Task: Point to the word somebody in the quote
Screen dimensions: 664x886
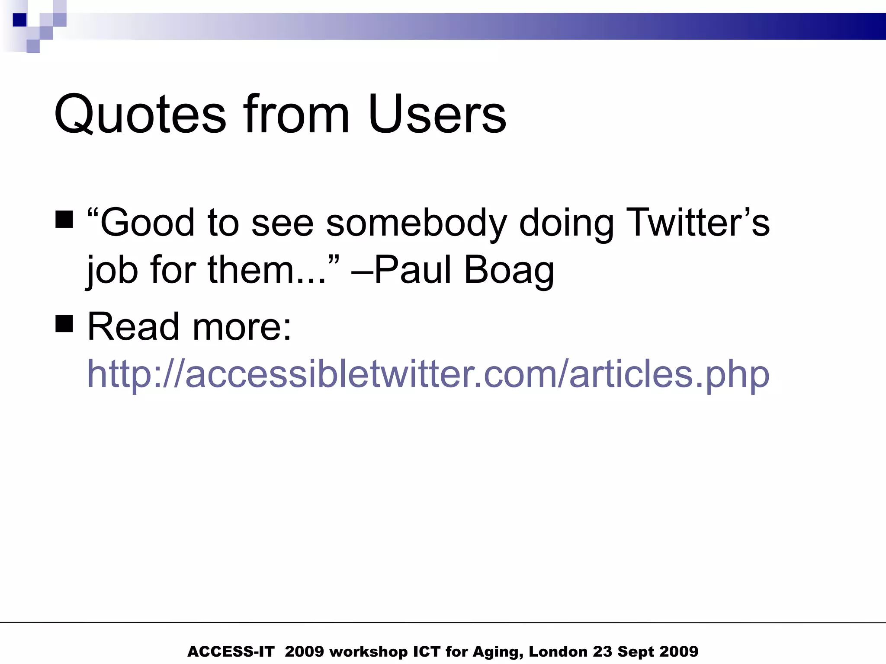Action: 416,223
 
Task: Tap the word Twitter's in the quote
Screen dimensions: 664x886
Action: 698,223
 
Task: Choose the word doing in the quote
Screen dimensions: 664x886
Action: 566,223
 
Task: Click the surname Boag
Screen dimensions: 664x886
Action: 509,270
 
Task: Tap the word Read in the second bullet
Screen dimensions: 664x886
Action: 133,326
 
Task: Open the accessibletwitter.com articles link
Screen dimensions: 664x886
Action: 428,374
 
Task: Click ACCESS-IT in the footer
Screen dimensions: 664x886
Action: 231,651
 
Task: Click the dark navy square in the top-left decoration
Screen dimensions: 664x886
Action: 20,20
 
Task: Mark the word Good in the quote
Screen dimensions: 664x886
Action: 147,223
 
